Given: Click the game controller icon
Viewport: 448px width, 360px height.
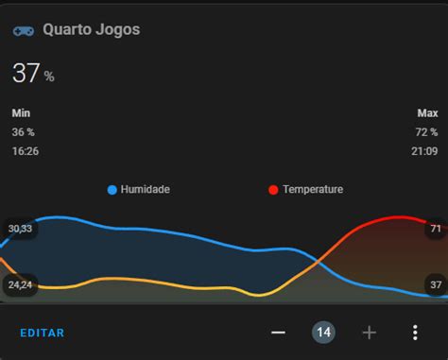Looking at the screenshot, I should pyautogui.click(x=24, y=30).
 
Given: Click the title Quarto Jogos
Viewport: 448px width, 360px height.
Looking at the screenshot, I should pyautogui.click(x=91, y=29).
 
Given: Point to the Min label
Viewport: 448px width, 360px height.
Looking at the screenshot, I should pyautogui.click(x=21, y=112).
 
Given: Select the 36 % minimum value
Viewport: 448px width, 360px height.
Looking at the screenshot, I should pyautogui.click(x=24, y=131).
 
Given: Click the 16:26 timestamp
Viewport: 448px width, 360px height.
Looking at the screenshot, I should pyautogui.click(x=26, y=150).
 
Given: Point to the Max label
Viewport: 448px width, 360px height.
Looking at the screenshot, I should pyautogui.click(x=427, y=112).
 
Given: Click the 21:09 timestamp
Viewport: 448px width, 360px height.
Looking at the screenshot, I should pyautogui.click(x=424, y=150).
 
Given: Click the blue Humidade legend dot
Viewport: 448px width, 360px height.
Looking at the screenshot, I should pyautogui.click(x=112, y=190).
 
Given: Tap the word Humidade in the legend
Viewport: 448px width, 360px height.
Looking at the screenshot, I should pyautogui.click(x=145, y=190).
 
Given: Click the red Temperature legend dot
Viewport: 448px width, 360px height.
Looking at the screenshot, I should pyautogui.click(x=273, y=190).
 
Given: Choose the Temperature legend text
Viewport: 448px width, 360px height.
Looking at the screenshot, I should pyautogui.click(x=312, y=190).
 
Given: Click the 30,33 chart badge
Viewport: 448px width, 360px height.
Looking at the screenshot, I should pyautogui.click(x=20, y=229).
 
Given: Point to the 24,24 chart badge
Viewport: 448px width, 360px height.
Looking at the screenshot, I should pyautogui.click(x=20, y=284).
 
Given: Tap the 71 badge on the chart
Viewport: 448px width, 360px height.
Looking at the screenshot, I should pyautogui.click(x=435, y=229).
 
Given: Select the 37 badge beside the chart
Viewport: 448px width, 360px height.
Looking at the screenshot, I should pyautogui.click(x=435, y=284).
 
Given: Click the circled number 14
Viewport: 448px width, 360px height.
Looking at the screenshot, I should pyautogui.click(x=323, y=333).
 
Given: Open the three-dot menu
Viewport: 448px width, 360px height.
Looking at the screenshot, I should pyautogui.click(x=414, y=333).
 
